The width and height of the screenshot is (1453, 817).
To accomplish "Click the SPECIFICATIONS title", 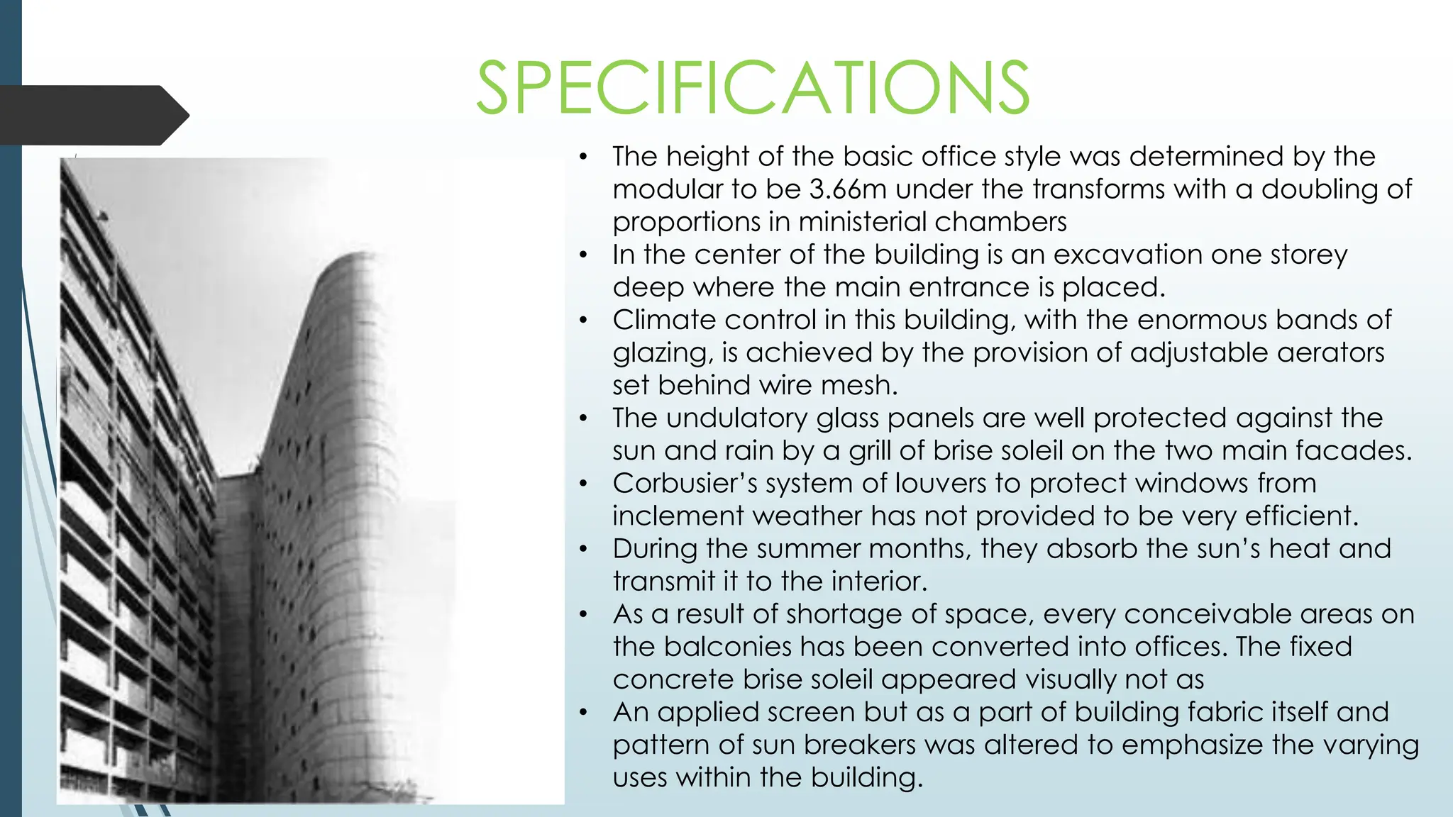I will (x=752, y=88).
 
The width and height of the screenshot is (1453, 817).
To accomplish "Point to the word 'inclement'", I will (x=678, y=516).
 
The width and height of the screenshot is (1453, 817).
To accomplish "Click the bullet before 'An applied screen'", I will (x=583, y=712).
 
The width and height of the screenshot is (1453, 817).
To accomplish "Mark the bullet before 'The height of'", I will (x=583, y=157).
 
